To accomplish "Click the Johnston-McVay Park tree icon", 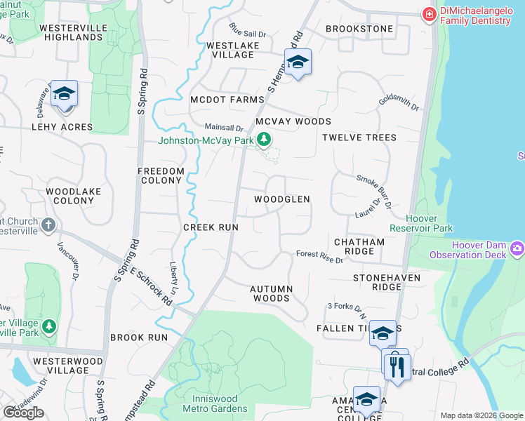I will [x=264, y=140].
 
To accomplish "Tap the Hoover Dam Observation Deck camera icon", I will [x=518, y=248].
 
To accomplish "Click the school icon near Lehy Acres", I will [x=64, y=94].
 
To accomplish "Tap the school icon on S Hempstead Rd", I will [x=298, y=62].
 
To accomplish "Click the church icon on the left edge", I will [x=48, y=225].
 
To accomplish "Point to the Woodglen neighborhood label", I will [x=281, y=199].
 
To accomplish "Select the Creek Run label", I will [x=211, y=227].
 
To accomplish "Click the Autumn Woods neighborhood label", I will [x=270, y=293].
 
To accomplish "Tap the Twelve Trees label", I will [x=359, y=138].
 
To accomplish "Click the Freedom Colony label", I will [x=161, y=175].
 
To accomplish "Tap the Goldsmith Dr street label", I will [x=398, y=103].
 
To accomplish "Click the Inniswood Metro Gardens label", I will [x=215, y=403].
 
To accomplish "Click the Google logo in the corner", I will [x=23, y=413].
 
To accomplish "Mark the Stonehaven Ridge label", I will [x=386, y=282].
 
